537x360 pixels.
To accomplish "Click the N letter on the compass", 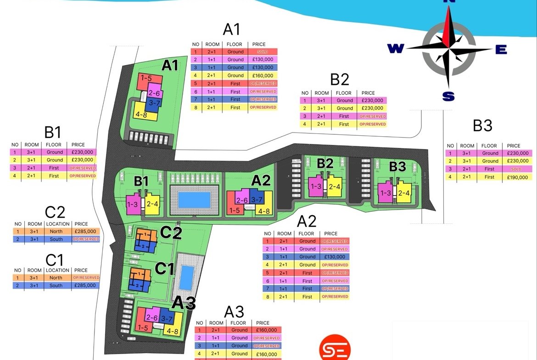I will point(448,2).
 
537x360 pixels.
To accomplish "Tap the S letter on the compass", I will point(448,96).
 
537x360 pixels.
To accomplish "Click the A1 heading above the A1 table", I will point(231,29).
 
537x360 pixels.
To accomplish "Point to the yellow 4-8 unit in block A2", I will point(264,210).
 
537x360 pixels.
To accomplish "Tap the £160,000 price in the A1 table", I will point(263,76).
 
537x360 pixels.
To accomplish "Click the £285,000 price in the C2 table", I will point(86,232).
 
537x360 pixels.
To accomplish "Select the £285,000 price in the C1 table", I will point(86,285).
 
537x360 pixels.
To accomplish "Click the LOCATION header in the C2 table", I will point(58,224).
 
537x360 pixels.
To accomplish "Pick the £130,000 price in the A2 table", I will point(335,257).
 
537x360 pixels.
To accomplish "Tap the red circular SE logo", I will point(335,348).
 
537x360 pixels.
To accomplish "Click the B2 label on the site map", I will point(325,163).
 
